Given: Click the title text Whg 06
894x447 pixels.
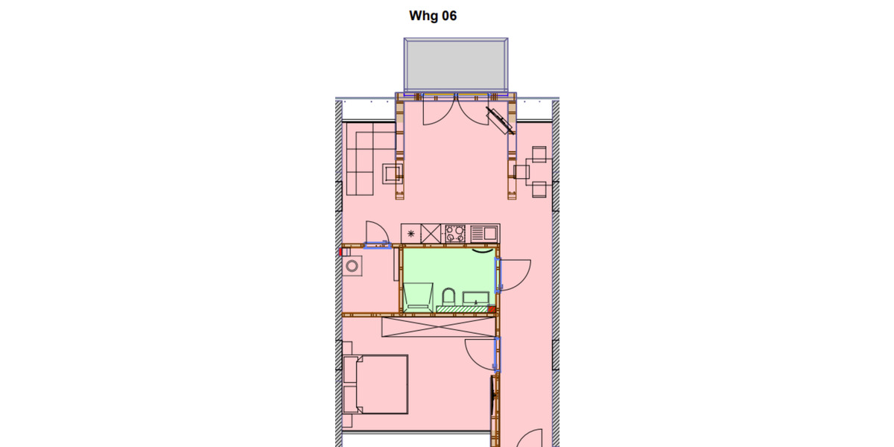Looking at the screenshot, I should click(x=433, y=16).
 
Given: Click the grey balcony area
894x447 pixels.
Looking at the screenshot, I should click(x=456, y=64).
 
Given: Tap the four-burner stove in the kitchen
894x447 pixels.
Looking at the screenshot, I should click(x=454, y=233).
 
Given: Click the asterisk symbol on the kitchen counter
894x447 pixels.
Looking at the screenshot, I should click(x=410, y=234).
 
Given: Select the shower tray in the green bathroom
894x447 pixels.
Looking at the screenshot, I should click(x=417, y=295).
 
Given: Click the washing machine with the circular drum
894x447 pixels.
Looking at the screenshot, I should click(x=351, y=265).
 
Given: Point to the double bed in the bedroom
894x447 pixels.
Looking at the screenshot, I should click(x=381, y=384).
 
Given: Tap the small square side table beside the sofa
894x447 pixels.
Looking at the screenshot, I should click(x=393, y=174).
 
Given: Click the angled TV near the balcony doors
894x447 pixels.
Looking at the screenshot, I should click(x=497, y=117).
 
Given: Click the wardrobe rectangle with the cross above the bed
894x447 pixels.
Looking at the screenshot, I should click(x=438, y=326).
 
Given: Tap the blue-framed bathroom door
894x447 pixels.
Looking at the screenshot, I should click(x=498, y=274).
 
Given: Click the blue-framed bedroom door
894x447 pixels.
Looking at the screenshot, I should click(x=498, y=353).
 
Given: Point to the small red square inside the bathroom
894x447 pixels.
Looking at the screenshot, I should click(x=491, y=308).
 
